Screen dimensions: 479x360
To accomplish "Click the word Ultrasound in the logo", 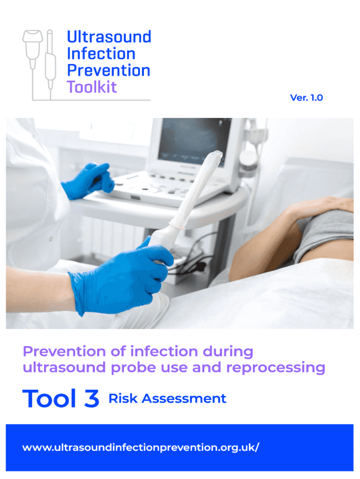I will click(x=109, y=37).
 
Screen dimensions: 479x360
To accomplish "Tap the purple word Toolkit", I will click(x=92, y=87).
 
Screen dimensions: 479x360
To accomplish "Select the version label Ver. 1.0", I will click(x=306, y=98).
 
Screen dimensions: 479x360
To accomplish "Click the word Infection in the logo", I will click(x=101, y=54).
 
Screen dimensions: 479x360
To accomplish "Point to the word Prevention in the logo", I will click(x=108, y=71).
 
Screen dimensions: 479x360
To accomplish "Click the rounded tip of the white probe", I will click(x=216, y=155).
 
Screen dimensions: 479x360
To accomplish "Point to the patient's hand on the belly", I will click(x=318, y=206).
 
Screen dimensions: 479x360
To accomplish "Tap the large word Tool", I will click(x=49, y=399).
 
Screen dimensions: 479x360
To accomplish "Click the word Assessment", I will click(x=184, y=399).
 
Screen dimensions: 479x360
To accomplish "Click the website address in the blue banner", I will click(x=140, y=448).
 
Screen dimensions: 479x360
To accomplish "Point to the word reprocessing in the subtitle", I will click(x=275, y=368).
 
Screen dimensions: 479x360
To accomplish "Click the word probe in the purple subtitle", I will click(x=131, y=368).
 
